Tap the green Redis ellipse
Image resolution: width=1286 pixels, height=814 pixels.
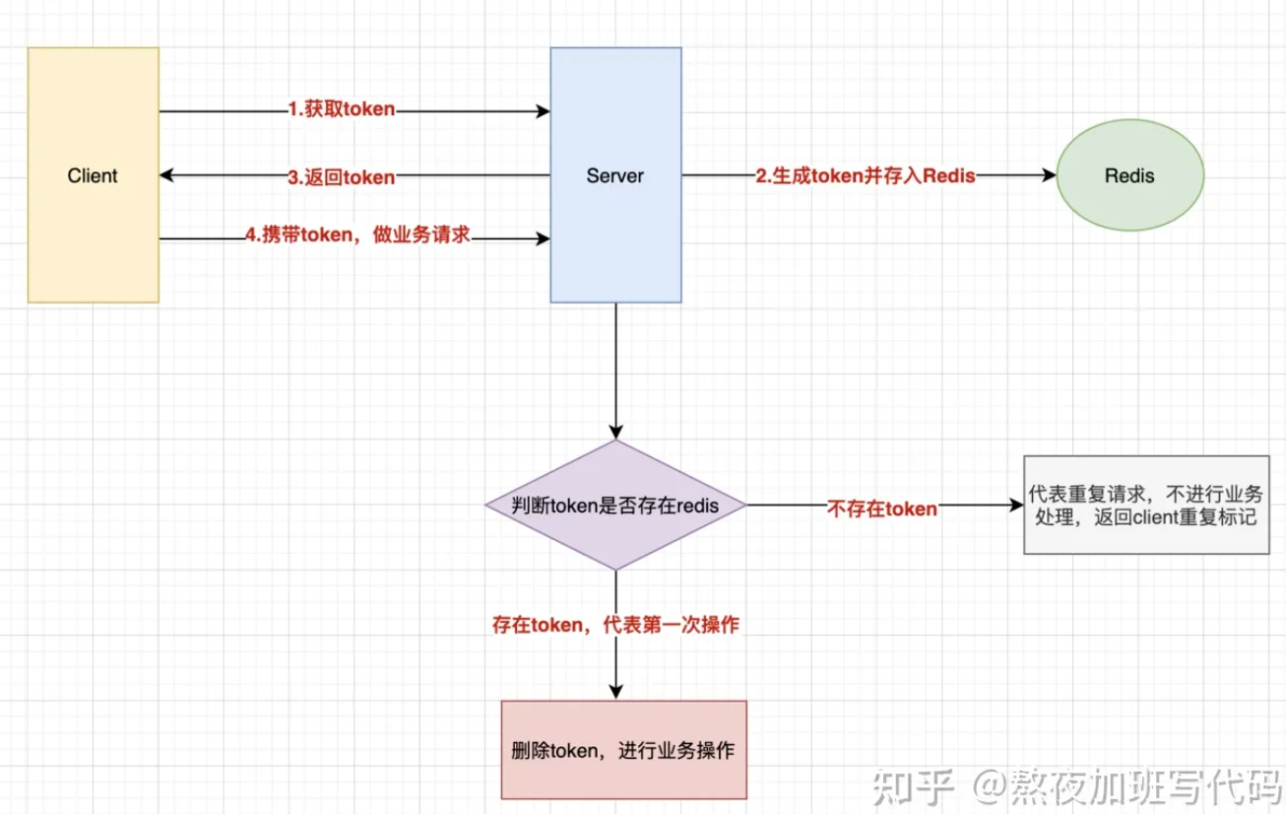1129,176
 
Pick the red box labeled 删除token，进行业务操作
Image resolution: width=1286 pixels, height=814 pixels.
623,750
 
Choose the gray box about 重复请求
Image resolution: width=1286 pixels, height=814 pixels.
1146,505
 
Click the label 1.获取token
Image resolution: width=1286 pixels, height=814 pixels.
341,111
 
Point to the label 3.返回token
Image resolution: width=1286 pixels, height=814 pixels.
341,177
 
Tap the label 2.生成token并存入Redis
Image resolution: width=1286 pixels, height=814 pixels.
866,176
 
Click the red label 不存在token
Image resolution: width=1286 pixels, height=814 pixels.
882,509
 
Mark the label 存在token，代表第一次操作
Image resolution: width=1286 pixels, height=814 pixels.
615,625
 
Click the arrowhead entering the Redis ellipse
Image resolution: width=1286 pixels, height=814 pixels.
1049,176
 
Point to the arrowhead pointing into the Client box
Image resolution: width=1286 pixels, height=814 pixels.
167,176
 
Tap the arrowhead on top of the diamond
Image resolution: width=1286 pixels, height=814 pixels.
615,432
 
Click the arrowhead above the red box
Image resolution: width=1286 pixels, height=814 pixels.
615,693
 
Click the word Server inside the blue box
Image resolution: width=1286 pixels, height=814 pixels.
614,176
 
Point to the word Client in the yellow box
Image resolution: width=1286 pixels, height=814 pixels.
93,176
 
